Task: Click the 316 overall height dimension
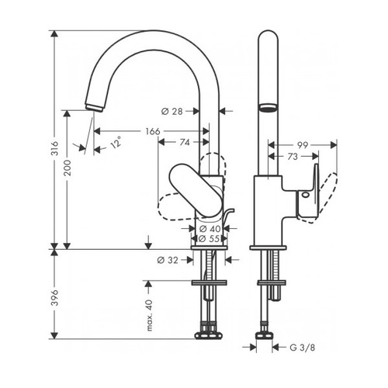pyautogui.click(x=54, y=148)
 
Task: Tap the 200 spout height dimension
pyautogui.click(x=68, y=168)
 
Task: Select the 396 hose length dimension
pyautogui.click(x=54, y=298)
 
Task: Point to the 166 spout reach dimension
pyautogui.click(x=153, y=131)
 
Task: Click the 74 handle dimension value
pyautogui.click(x=185, y=142)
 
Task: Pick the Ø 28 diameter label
pyautogui.click(x=172, y=112)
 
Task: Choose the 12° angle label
pyautogui.click(x=116, y=142)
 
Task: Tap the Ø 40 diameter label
pyautogui.click(x=210, y=229)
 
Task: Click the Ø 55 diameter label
pyautogui.click(x=210, y=238)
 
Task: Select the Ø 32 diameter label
pyautogui.click(x=168, y=260)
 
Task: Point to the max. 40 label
pyautogui.click(x=150, y=316)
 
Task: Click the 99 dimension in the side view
pyautogui.click(x=303, y=145)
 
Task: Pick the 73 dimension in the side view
pyautogui.click(x=293, y=157)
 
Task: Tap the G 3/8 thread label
pyautogui.click(x=303, y=348)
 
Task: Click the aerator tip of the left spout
pyautogui.click(x=94, y=107)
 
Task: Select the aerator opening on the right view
pyautogui.click(x=268, y=108)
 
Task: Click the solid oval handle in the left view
pyautogui.click(x=196, y=190)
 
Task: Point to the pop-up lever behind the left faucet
pyautogui.click(x=228, y=216)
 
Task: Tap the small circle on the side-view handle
pyautogui.click(x=306, y=195)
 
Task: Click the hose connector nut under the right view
pyautogui.click(x=265, y=335)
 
